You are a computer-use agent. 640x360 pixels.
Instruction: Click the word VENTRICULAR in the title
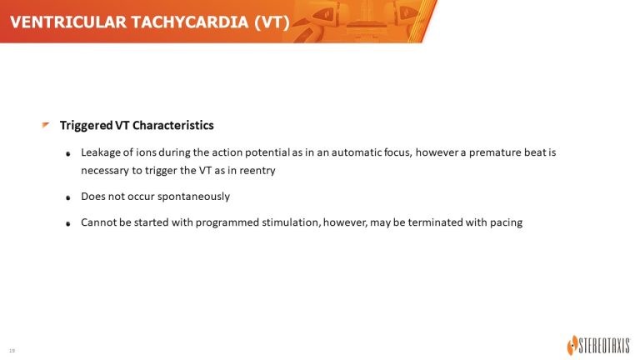(68, 22)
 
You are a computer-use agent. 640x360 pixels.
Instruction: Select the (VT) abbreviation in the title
(272, 22)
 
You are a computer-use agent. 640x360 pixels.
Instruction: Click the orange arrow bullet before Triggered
(45, 124)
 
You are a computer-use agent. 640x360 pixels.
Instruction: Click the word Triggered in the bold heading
(86, 126)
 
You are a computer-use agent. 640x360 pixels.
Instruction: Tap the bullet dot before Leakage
(68, 154)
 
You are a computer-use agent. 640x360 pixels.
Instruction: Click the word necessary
(105, 171)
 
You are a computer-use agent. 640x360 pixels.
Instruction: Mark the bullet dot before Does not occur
(68, 197)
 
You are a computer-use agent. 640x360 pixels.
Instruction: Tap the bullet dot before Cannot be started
(68, 223)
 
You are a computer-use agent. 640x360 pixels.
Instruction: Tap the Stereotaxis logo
(598, 346)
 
